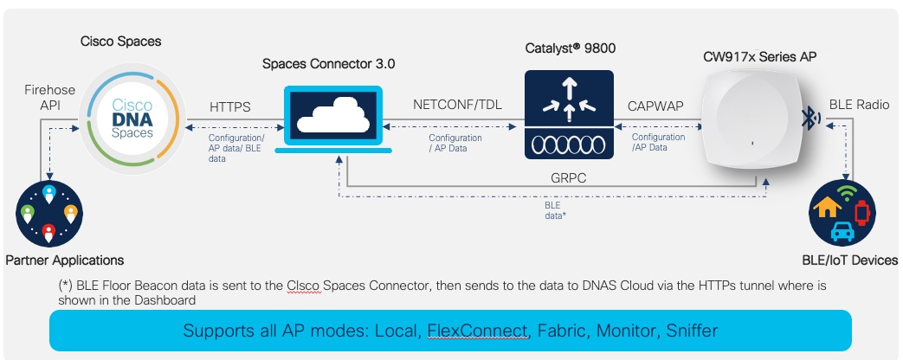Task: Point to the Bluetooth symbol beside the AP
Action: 810,119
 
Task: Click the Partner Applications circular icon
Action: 48,213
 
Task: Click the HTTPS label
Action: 231,107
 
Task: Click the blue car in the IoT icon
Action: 840,230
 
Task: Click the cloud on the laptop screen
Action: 334,112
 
